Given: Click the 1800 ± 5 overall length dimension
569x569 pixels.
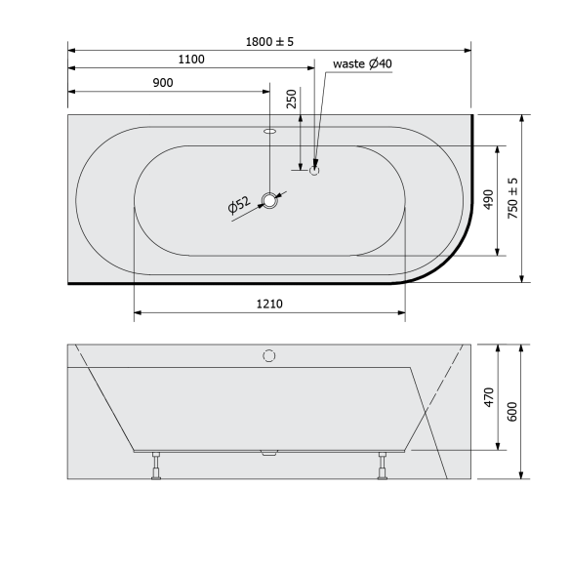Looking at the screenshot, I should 269,41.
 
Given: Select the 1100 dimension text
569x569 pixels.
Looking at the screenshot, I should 191,60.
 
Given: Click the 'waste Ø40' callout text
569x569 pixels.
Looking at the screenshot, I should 362,63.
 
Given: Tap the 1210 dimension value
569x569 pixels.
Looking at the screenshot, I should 269,304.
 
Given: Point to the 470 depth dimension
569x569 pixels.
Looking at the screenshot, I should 489,398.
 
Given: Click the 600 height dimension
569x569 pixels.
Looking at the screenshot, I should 513,411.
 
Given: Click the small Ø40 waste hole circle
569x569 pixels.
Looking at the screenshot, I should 314,170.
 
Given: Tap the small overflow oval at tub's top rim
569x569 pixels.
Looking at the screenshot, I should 269,129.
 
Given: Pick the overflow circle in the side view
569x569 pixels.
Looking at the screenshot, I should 269,355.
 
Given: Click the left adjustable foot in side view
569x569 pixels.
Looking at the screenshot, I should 155,467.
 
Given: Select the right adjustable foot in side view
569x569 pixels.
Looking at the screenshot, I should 382,467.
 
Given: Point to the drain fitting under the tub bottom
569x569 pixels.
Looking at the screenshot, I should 269,453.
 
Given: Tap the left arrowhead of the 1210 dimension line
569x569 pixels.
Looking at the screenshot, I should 137,313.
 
